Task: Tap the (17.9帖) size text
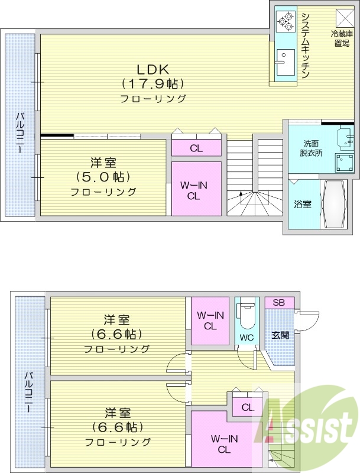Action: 153,83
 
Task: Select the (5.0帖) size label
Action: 103,177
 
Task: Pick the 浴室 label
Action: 303,205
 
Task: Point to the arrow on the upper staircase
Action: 241,195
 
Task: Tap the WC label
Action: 247,338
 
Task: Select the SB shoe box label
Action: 280,303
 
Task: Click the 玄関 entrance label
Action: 280,335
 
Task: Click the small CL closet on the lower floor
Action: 247,407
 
